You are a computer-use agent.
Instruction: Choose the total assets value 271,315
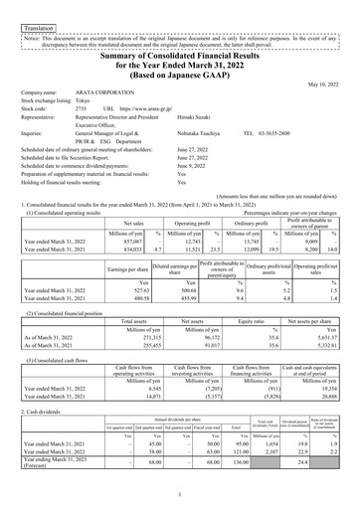click(x=144, y=337)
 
